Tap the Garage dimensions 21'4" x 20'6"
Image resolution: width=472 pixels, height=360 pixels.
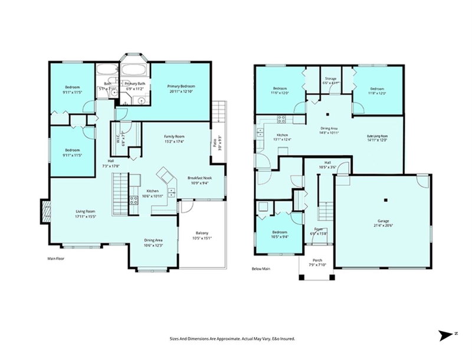[382, 225]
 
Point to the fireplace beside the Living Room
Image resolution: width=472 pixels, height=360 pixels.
[45, 211]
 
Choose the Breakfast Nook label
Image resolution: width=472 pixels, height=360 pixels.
[199, 178]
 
